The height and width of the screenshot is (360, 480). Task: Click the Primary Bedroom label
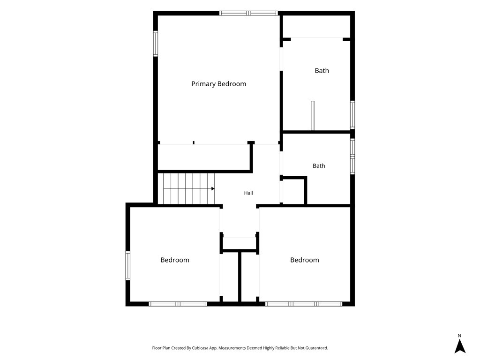[x=218, y=84]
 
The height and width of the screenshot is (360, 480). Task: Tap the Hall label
[x=248, y=193]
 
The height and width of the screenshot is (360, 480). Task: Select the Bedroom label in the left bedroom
[x=175, y=260]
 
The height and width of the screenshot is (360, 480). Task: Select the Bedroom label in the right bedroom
[x=305, y=260]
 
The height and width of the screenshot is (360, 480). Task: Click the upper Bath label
[x=322, y=71]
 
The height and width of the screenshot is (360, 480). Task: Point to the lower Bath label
[x=319, y=166]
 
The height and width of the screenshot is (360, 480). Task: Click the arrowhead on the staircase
[x=213, y=188]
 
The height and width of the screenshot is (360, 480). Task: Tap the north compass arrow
[x=460, y=346]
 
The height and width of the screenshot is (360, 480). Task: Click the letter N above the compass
[x=459, y=336]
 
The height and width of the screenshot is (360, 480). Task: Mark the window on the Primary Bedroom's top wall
[x=248, y=13]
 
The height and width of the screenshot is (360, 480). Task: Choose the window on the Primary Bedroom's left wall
[x=156, y=44]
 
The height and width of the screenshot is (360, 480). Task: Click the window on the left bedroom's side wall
[x=128, y=266]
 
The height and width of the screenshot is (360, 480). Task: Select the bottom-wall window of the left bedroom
[x=178, y=304]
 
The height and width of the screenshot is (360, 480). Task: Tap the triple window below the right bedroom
[x=304, y=304]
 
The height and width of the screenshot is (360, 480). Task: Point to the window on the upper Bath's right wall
[x=352, y=114]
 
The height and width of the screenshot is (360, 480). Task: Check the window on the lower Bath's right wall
[x=352, y=157]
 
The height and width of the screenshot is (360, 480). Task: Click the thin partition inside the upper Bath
[x=313, y=116]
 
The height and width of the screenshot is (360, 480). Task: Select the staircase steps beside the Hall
[x=189, y=188]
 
